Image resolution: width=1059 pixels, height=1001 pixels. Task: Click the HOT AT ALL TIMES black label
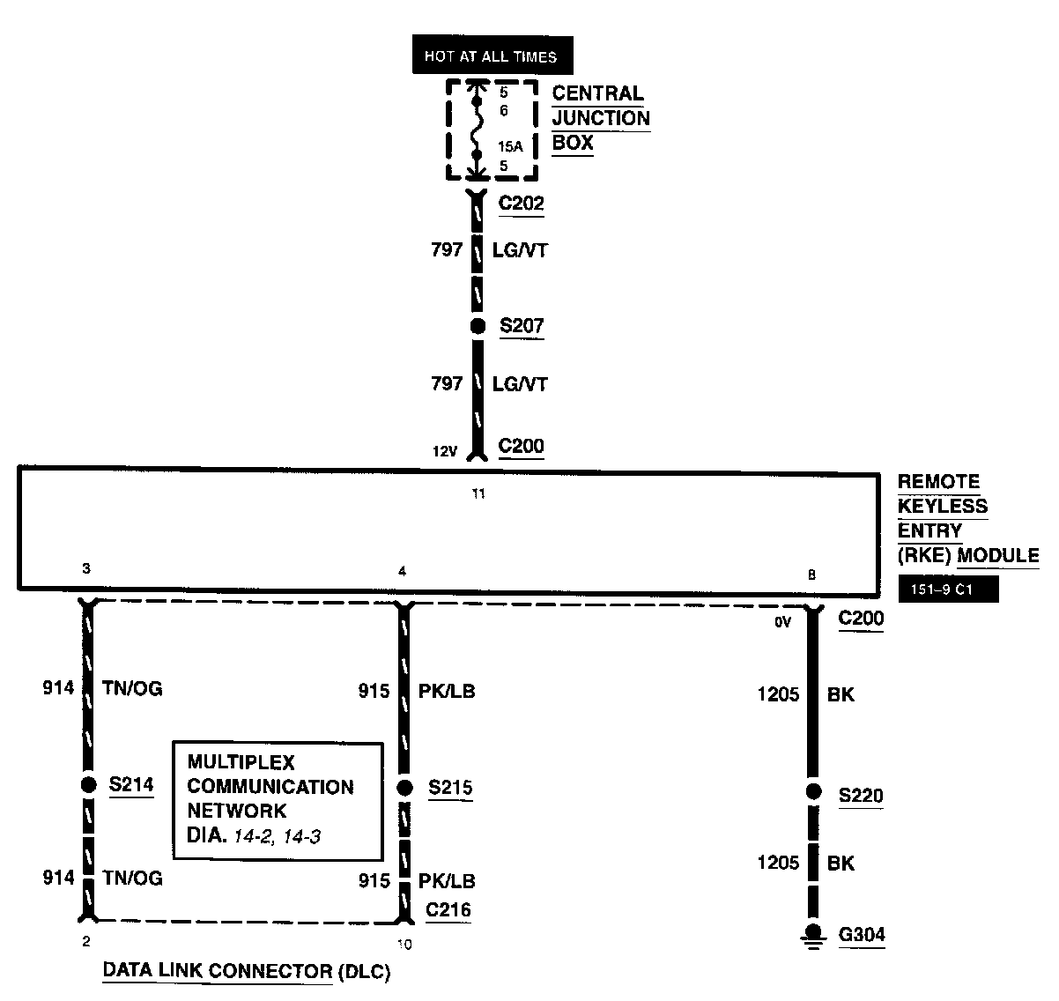pyautogui.click(x=491, y=56)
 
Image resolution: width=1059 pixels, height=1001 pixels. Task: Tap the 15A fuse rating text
pyautogui.click(x=510, y=147)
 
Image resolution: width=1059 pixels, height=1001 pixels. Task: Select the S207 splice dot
pyautogui.click(x=478, y=327)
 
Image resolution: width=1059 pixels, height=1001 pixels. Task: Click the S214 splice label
pyautogui.click(x=131, y=784)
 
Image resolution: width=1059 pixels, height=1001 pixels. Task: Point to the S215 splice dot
pyautogui.click(x=404, y=788)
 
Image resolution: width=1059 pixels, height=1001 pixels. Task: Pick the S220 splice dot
pyautogui.click(x=813, y=791)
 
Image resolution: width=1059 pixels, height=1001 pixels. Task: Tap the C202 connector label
pyautogui.click(x=521, y=204)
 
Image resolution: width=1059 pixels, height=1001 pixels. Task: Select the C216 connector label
pyautogui.click(x=448, y=910)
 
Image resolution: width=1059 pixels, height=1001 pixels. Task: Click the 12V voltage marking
pyautogui.click(x=445, y=452)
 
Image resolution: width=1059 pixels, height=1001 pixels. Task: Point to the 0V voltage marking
pyautogui.click(x=784, y=623)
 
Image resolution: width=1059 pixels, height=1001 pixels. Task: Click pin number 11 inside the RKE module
pyautogui.click(x=478, y=494)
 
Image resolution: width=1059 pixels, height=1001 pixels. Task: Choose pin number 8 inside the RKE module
pyautogui.click(x=811, y=575)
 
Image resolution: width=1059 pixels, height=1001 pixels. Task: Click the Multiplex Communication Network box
pyautogui.click(x=278, y=800)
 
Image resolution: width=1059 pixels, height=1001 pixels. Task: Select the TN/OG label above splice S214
pyautogui.click(x=134, y=689)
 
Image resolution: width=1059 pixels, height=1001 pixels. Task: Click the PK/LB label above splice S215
pyautogui.click(x=447, y=692)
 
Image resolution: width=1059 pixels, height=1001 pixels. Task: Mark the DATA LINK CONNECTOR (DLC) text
pyautogui.click(x=247, y=971)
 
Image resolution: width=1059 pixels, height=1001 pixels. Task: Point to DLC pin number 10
pyautogui.click(x=404, y=945)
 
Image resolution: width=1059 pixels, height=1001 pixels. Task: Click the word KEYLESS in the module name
pyautogui.click(x=942, y=507)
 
